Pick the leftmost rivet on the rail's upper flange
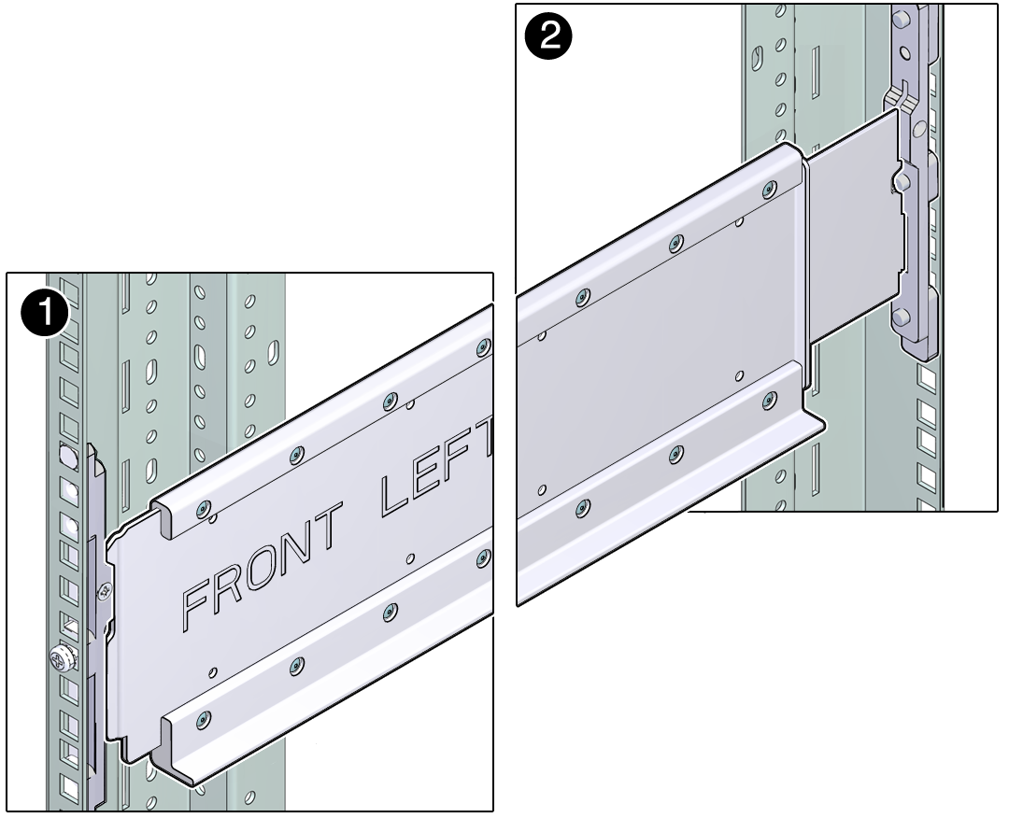(204, 509)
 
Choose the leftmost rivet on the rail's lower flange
(204, 718)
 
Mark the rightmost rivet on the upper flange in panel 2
(770, 190)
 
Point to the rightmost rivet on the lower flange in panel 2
(770, 400)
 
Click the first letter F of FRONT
(200, 600)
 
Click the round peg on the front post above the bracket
(67, 456)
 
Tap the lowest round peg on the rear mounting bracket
(901, 317)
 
